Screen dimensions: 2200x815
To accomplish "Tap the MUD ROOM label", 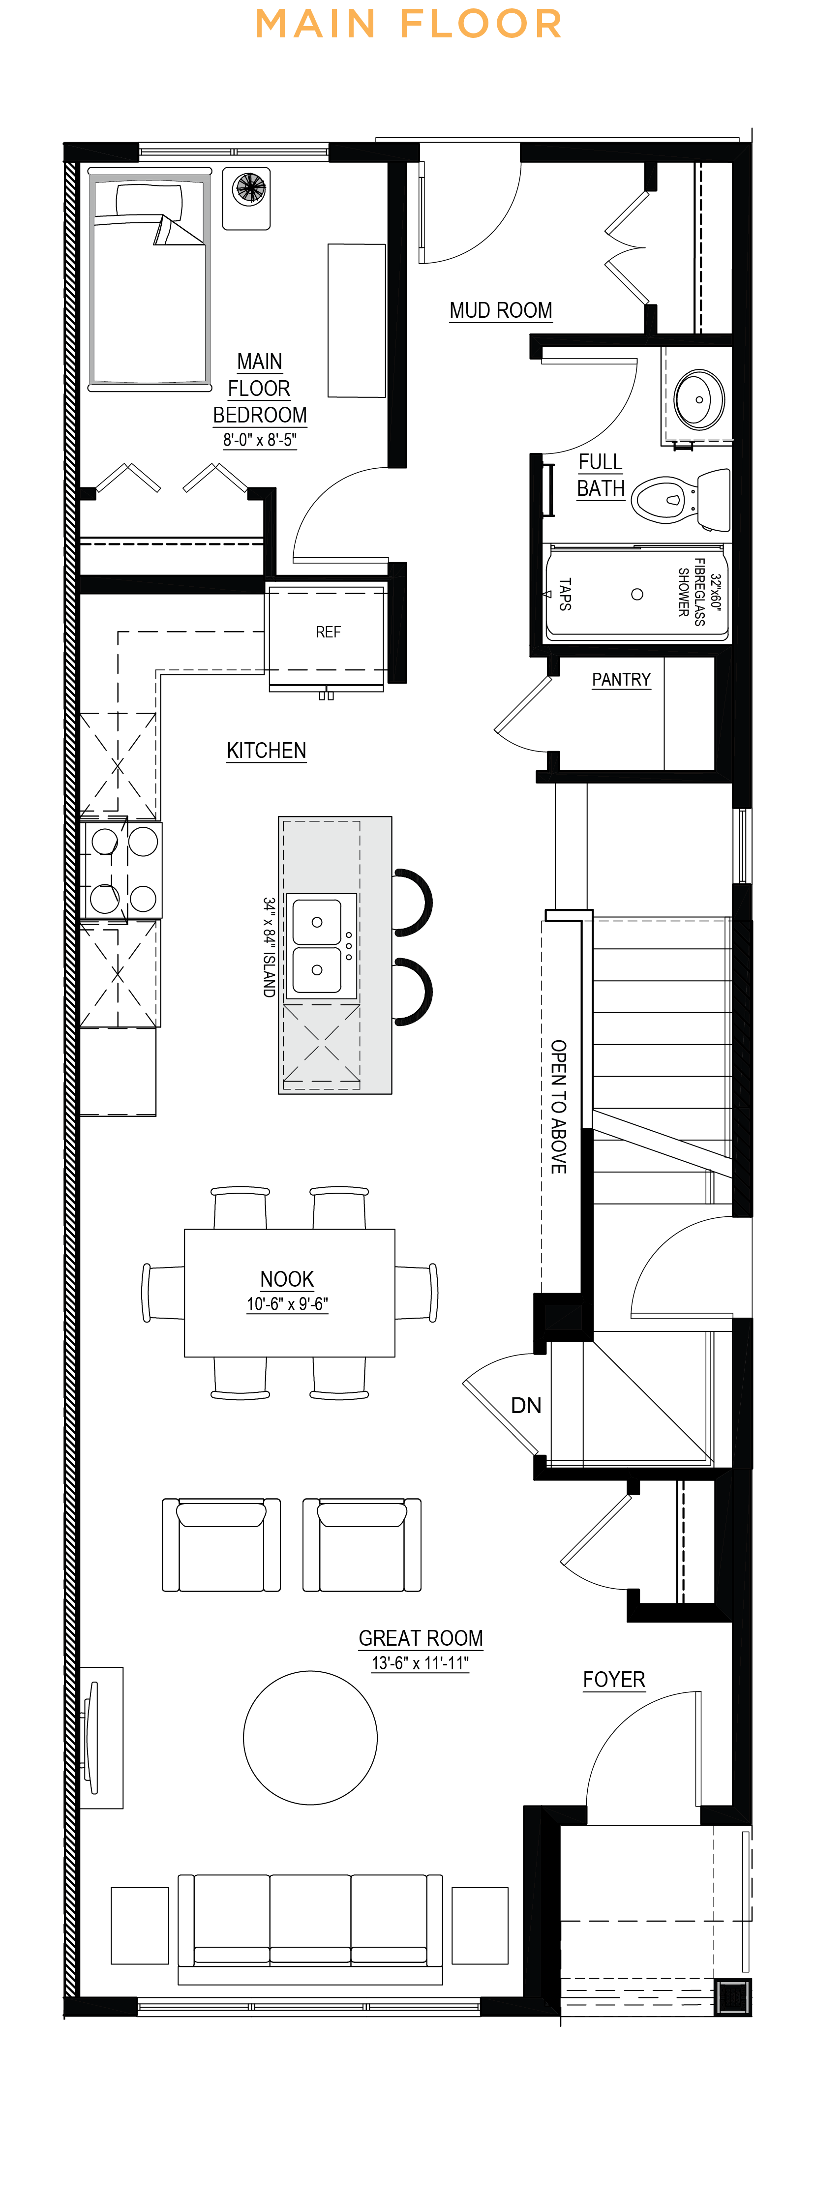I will (501, 310).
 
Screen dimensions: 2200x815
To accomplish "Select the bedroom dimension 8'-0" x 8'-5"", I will (260, 440).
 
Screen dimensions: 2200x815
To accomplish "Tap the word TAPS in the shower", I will (565, 594).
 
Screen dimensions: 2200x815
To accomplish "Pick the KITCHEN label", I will (267, 750).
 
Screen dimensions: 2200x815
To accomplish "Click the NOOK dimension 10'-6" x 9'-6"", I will (287, 1304).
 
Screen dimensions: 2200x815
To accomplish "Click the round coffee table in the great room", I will (310, 1737).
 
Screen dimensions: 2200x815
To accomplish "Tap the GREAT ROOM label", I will (421, 1637).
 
